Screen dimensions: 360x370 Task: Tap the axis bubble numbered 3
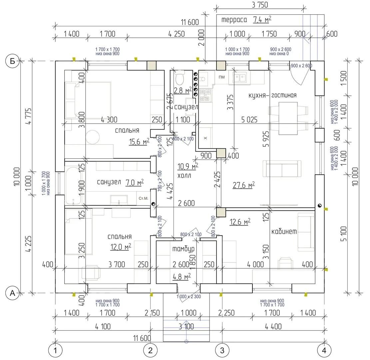click(x=222, y=350)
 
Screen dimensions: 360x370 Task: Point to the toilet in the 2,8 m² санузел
click(x=180, y=78)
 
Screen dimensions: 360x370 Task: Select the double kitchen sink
click(x=240, y=78)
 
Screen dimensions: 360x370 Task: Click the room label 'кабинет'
click(x=284, y=232)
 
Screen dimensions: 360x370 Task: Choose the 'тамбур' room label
click(x=183, y=249)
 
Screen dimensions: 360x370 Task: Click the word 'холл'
click(x=184, y=176)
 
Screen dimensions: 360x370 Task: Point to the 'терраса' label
click(x=234, y=20)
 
